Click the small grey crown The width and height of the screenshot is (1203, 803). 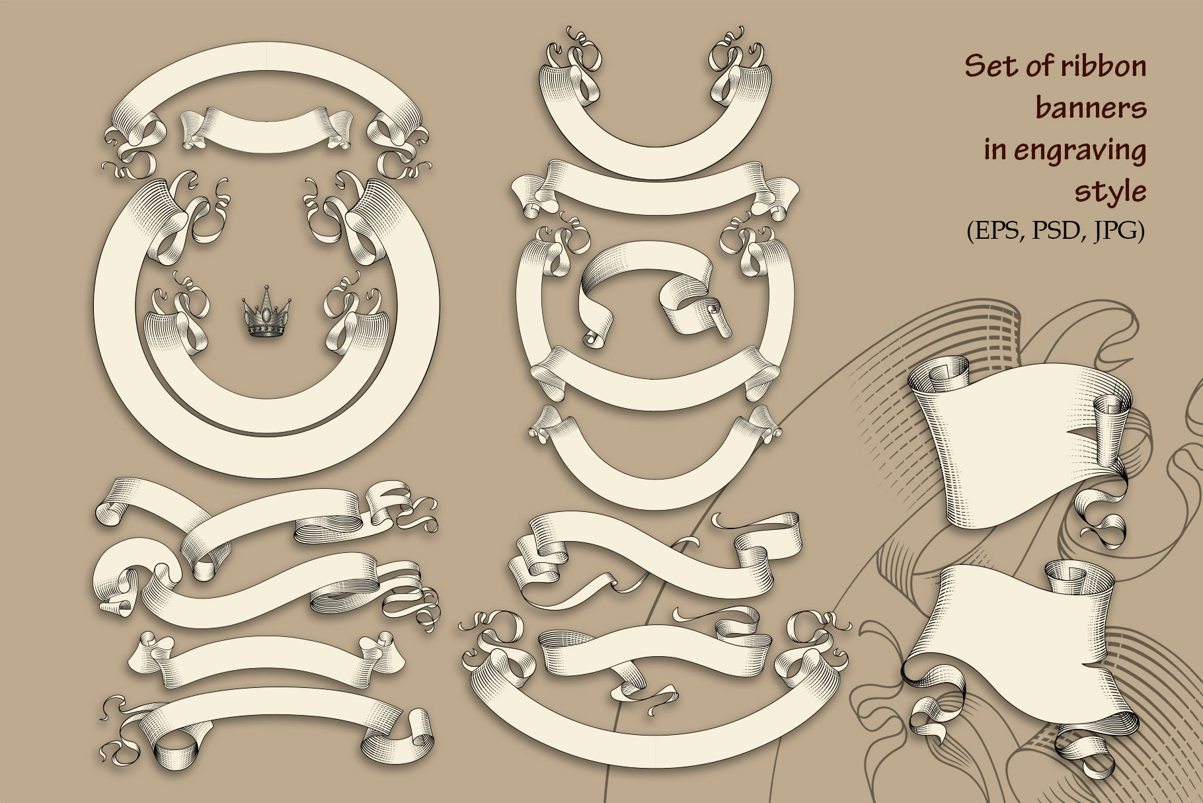click(266, 312)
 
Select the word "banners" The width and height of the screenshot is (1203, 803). click(1091, 108)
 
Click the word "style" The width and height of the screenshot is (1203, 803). click(1110, 192)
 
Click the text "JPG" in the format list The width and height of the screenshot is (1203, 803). click(1114, 231)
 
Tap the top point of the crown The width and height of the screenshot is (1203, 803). click(266, 286)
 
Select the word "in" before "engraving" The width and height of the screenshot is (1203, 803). click(994, 149)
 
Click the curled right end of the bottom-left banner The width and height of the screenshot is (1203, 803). click(416, 734)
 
